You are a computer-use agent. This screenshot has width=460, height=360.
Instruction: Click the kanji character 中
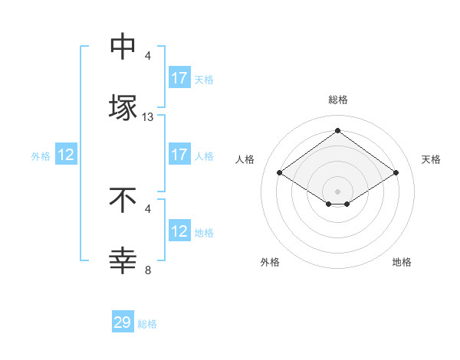pos(123,47)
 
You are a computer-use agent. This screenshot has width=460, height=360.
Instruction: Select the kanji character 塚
pos(123,106)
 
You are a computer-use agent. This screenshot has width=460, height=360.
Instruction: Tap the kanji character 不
pos(123,200)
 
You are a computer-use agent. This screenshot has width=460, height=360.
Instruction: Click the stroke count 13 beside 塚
pos(148,117)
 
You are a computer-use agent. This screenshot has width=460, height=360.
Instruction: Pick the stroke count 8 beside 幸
pos(148,270)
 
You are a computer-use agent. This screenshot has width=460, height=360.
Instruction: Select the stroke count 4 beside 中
pos(148,56)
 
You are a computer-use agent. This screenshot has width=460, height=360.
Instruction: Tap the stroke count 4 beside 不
pos(148,208)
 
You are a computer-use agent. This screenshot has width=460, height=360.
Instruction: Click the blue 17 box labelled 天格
pos(179,78)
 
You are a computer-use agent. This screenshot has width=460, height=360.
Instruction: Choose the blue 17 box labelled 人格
pos(179,155)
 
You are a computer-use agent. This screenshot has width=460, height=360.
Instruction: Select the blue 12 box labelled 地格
pos(179,231)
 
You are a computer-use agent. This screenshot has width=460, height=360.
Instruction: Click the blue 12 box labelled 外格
pos(66,155)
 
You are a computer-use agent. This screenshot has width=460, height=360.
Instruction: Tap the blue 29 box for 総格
pos(123,322)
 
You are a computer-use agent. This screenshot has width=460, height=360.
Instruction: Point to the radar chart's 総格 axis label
pos(338,100)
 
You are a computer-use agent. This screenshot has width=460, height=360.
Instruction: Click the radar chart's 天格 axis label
pos(431,159)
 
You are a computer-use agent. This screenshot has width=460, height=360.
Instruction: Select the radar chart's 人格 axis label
pos(245,159)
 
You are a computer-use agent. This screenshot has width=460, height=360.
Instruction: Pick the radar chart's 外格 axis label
pos(270,263)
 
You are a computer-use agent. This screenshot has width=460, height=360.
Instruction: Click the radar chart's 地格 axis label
pos(402,263)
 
